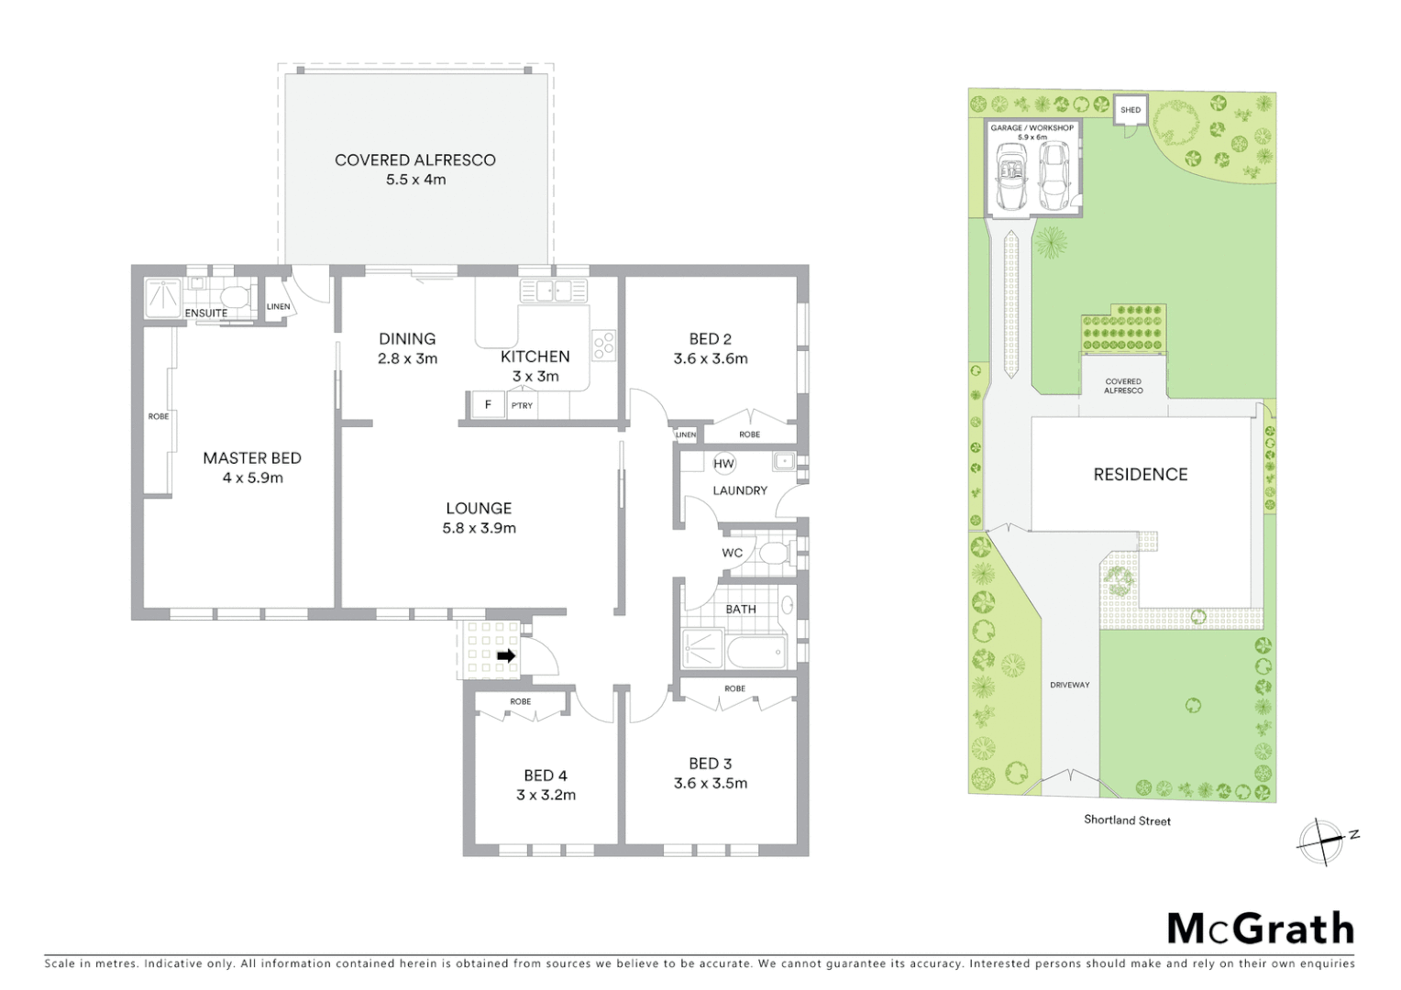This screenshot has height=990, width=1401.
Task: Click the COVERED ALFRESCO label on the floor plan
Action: pos(414,160)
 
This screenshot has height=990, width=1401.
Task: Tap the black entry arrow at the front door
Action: pos(505,655)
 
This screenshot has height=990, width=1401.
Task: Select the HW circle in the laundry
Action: pos(723,464)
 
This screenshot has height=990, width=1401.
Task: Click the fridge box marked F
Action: pos(488,404)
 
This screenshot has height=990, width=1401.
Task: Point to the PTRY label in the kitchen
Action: pos(522,405)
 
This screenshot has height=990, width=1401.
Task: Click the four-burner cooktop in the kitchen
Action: pos(603,345)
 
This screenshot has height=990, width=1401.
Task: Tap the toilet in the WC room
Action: pos(772,553)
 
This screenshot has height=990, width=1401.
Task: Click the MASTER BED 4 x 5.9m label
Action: pos(252,467)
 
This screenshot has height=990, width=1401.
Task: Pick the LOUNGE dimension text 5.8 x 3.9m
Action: pos(479,528)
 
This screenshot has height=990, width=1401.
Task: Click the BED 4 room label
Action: pos(546,775)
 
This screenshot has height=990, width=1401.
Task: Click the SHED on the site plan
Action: pos(1131,110)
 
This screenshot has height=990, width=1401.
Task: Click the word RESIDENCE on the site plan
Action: pos(1140,474)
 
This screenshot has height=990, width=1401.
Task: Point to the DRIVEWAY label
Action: pos(1069,685)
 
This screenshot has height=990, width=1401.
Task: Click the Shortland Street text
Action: pos(1127,820)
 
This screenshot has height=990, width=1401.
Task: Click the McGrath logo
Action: pos(1260,929)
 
